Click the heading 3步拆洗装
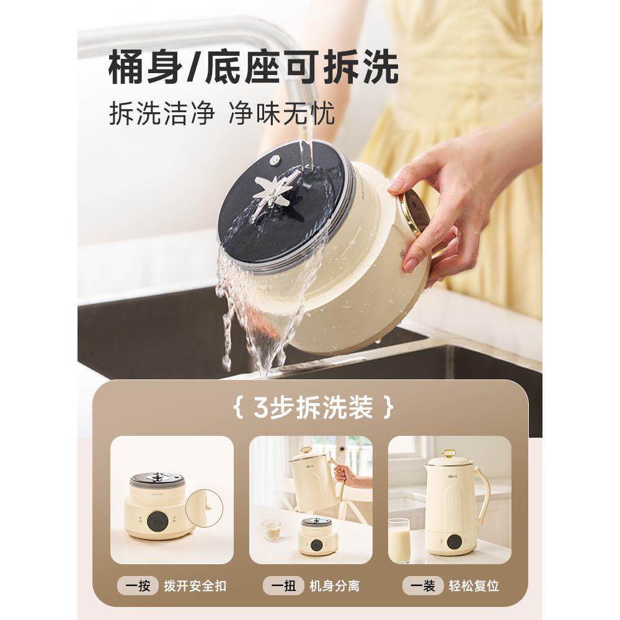314,409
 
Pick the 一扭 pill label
283,585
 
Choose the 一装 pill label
423,585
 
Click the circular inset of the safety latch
204,508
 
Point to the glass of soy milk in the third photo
399,540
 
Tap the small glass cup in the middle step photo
271,529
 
